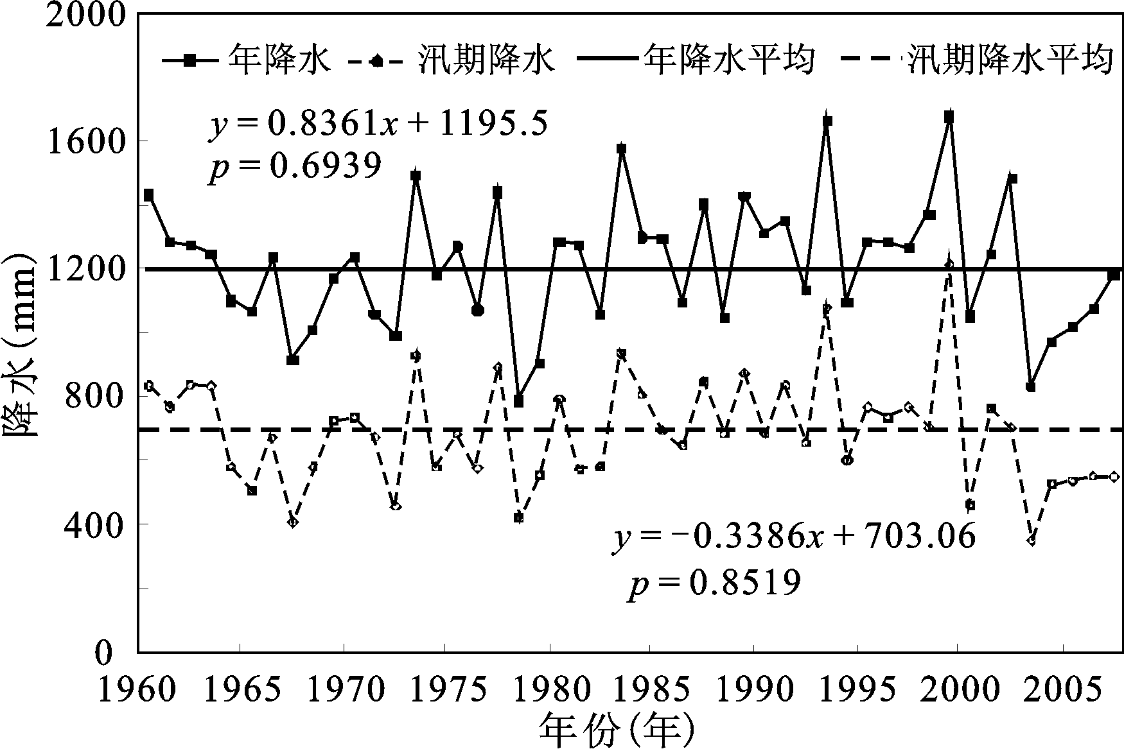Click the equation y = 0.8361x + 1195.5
[x=377, y=124]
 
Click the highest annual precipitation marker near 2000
[x=949, y=117]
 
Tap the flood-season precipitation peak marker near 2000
[x=949, y=264]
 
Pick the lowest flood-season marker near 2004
[x=1031, y=541]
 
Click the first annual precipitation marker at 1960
[x=149, y=194]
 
